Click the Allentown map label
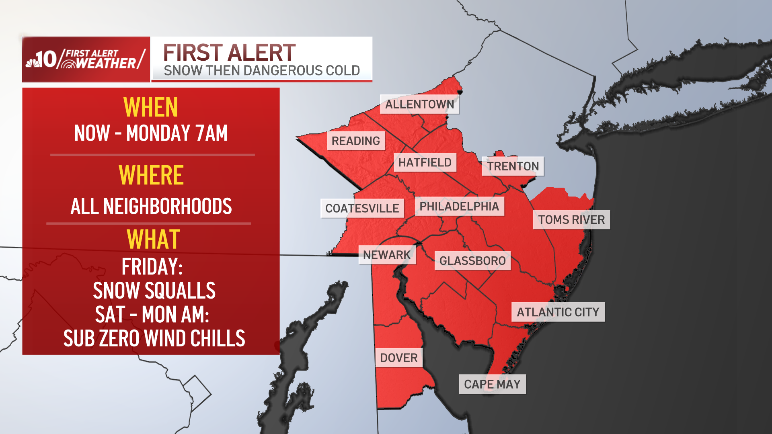pos(419,104)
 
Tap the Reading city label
pos(355,141)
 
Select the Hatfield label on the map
pos(425,162)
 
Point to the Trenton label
pos(513,166)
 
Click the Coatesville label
pos(362,208)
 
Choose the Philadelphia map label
pos(459,206)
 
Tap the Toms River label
pos(571,219)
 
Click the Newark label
pos(387,255)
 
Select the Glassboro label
pos(472,261)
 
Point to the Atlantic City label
pos(558,312)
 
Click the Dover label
pos(398,358)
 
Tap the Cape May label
pos(492,384)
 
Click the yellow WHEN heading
pos(151,107)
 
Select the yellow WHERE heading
pos(151,175)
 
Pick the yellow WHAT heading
pos(153,240)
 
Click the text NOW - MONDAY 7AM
pos(151,133)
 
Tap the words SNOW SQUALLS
pos(154,291)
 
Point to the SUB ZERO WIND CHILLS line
pos(154,338)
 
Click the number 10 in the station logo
pos(47,59)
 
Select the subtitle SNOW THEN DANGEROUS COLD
pos(262,71)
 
